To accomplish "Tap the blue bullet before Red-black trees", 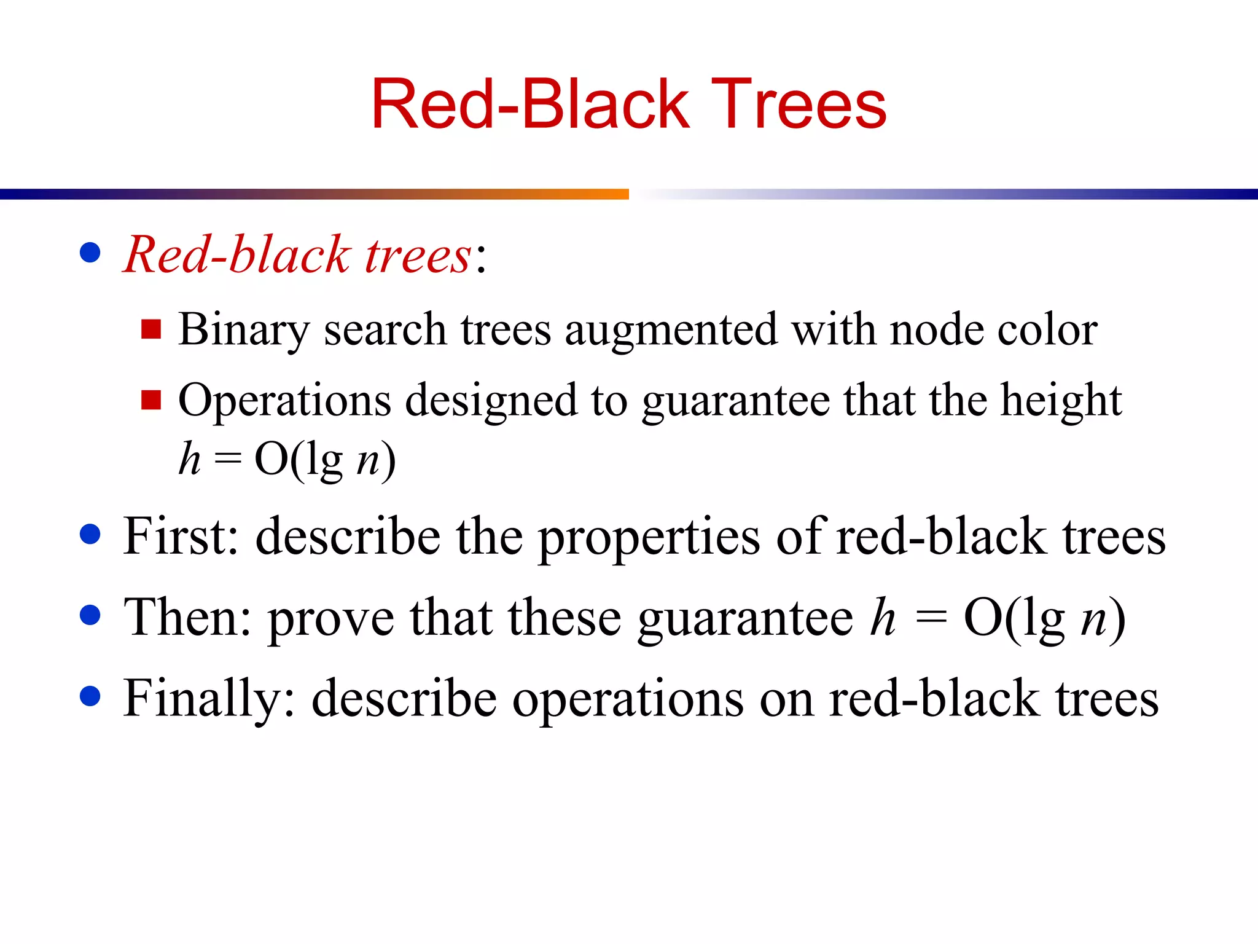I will coord(90,253).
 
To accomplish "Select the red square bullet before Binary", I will coord(150,329).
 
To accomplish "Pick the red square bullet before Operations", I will coord(150,400).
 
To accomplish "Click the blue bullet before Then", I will coord(90,615).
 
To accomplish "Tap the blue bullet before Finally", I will coord(90,696).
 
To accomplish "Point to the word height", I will coord(1061,401).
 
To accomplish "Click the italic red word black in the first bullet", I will coord(289,254).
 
